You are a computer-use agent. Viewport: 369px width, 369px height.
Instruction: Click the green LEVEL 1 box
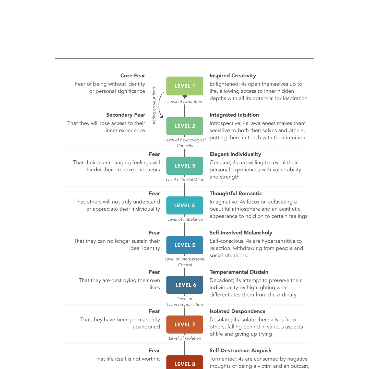(185, 86)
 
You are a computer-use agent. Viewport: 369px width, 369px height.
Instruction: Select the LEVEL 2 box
(185, 126)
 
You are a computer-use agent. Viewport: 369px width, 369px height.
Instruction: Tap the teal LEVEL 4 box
(185, 205)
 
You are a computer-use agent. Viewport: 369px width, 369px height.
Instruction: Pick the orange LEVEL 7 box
(185, 324)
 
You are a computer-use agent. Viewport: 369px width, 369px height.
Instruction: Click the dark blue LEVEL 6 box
(185, 285)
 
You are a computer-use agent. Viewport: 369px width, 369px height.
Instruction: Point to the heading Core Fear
(133, 76)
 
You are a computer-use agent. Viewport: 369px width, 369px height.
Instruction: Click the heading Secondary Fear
(126, 115)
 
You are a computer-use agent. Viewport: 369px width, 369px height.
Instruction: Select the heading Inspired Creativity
(233, 76)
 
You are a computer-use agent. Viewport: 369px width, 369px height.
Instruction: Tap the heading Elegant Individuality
(235, 154)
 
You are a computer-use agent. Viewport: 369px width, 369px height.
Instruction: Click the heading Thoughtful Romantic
(235, 194)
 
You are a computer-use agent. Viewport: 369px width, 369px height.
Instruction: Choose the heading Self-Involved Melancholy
(241, 233)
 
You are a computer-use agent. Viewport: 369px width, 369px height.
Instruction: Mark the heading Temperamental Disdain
(239, 272)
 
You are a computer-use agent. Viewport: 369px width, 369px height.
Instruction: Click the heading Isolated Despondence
(237, 311)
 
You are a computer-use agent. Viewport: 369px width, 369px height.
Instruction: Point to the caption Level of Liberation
(185, 102)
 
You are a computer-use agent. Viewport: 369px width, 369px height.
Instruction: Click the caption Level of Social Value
(185, 180)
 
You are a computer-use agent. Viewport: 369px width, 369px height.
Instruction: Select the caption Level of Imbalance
(185, 219)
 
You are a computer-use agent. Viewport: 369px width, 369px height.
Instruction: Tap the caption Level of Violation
(185, 338)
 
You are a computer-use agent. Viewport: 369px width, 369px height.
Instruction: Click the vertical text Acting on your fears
(154, 105)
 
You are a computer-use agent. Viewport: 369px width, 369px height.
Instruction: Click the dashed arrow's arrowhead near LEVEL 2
(162, 117)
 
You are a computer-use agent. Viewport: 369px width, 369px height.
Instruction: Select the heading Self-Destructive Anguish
(240, 351)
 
